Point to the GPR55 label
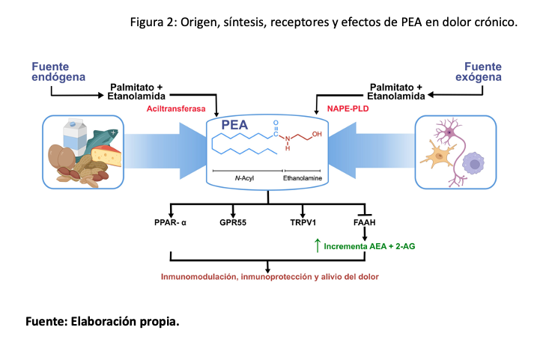coord(234,222)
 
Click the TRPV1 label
coord(303,222)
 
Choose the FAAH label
coord(365,222)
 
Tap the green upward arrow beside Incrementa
coord(318,244)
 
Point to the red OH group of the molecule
coord(318,135)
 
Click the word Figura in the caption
coord(151,22)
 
